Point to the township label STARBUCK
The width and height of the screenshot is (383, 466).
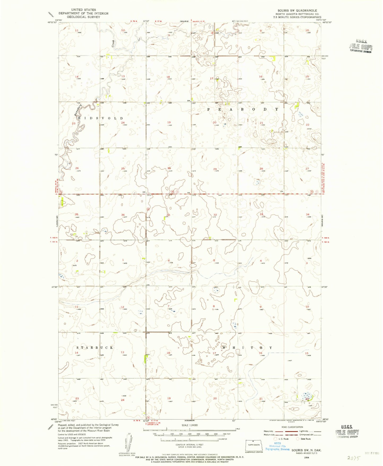click(95, 347)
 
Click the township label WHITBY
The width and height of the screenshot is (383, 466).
click(247, 347)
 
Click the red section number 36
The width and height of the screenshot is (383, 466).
click(123, 215)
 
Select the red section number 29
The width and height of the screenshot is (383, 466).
click(215, 169)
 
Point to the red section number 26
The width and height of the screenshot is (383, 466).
click(77, 168)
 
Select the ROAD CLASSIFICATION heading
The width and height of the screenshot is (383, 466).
click(293, 427)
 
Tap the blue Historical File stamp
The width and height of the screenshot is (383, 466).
click(277, 447)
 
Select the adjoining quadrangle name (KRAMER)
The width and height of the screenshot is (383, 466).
click(189, 421)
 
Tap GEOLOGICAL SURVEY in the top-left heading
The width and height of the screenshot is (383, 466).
click(83, 17)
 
